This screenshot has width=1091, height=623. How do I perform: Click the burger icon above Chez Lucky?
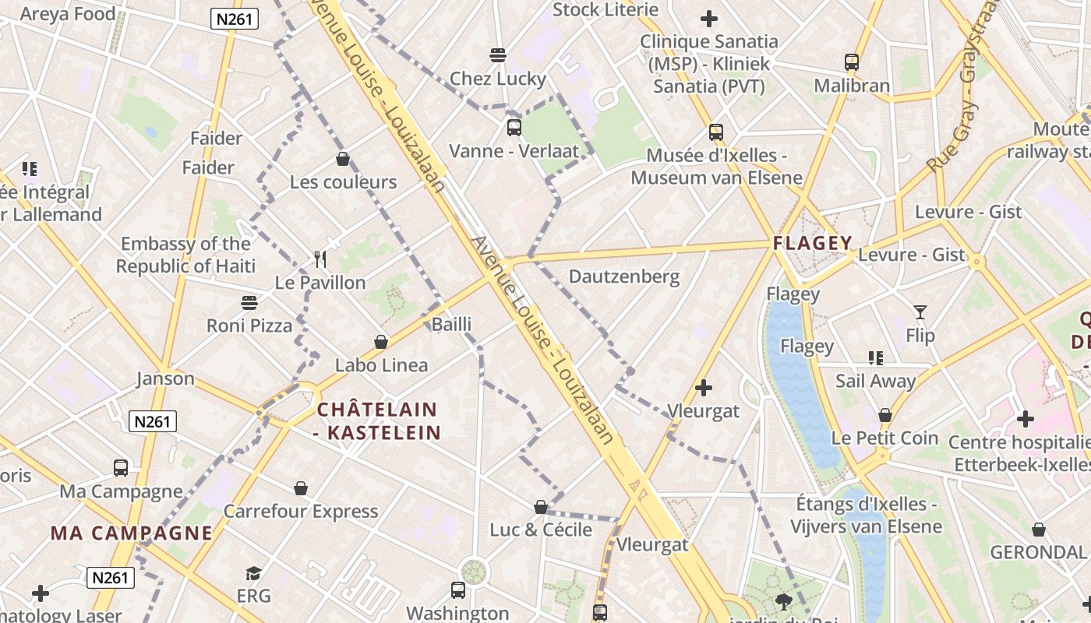[x=498, y=55]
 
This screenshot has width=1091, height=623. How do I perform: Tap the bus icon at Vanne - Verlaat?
[x=514, y=128]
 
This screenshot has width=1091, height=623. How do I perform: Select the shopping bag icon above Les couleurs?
[x=342, y=160]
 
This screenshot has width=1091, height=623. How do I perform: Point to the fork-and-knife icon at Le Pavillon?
[x=320, y=259]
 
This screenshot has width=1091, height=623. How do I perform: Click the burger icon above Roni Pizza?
[x=249, y=302]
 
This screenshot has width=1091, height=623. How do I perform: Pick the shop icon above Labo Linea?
[x=381, y=342]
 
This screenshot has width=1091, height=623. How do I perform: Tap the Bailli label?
[x=452, y=324]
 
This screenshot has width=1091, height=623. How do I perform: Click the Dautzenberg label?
[x=624, y=276]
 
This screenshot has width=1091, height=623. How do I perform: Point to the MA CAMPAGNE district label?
[x=132, y=533]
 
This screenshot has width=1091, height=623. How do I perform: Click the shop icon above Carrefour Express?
[x=301, y=488]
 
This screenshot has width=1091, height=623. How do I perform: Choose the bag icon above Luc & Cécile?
[x=541, y=507]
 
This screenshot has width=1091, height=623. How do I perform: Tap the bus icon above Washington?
[x=458, y=590]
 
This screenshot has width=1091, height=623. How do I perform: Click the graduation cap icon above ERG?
[x=254, y=573]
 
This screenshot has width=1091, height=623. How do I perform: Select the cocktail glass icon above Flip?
[x=920, y=312]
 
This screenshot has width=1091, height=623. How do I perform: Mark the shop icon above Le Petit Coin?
[x=885, y=415]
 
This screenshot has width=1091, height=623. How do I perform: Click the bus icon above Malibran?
[x=852, y=62]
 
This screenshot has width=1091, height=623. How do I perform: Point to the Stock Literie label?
[x=606, y=10]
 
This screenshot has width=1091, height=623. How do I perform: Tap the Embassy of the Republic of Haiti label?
[x=186, y=255]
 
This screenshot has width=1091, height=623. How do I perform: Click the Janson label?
[x=165, y=379]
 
